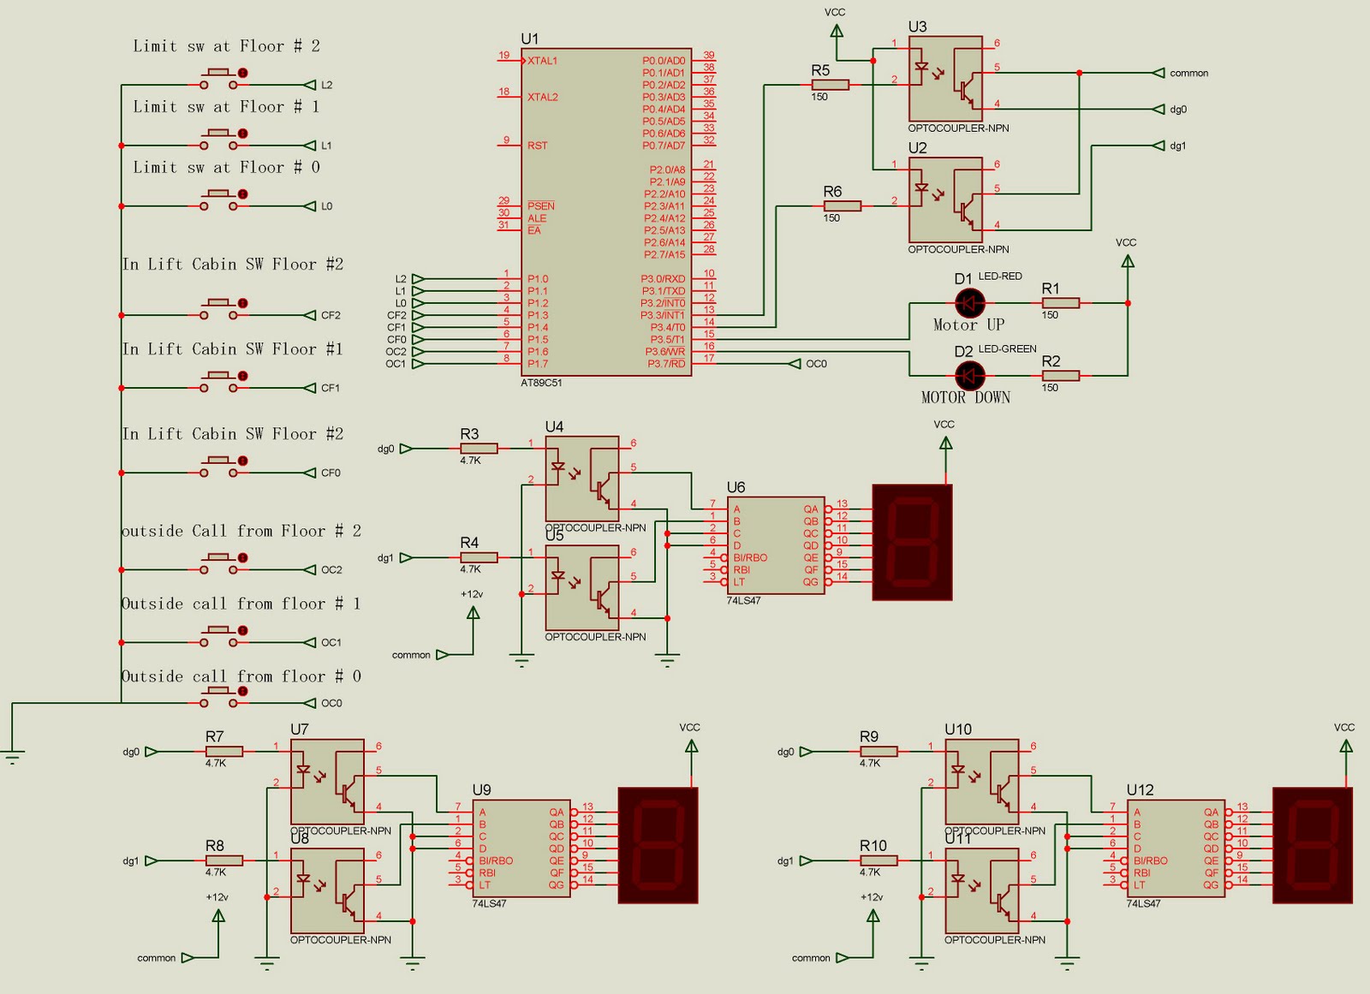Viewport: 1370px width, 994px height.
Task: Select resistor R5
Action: pyautogui.click(x=830, y=85)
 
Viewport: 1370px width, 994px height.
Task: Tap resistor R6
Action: pyautogui.click(x=843, y=206)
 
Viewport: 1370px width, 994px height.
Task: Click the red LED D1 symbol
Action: pyautogui.click(x=969, y=303)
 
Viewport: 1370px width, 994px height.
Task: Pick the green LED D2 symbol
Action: pyautogui.click(x=969, y=375)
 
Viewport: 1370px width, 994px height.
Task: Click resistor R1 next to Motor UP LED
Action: pyautogui.click(x=1061, y=303)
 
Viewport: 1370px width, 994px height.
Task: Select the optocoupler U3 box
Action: pyautogui.click(x=945, y=79)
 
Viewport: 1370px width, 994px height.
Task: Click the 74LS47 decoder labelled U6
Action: pyautogui.click(x=776, y=545)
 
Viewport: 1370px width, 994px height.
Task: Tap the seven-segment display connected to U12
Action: pyautogui.click(x=1312, y=846)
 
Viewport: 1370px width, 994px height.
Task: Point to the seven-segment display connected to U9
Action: pyautogui.click(x=658, y=846)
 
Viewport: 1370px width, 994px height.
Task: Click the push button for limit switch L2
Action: pyautogui.click(x=220, y=84)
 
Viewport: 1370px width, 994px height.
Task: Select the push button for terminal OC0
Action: pyautogui.click(x=220, y=702)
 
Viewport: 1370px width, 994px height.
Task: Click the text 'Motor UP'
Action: pyautogui.click(x=968, y=325)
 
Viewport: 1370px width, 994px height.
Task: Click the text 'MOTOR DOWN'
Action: pyautogui.click(x=965, y=397)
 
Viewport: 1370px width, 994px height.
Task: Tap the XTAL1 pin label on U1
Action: pyautogui.click(x=543, y=61)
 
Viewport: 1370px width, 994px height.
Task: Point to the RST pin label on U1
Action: pyautogui.click(x=537, y=146)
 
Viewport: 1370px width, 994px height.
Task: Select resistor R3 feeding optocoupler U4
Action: pyautogui.click(x=479, y=449)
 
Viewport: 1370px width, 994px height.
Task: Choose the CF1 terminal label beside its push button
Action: pyautogui.click(x=331, y=388)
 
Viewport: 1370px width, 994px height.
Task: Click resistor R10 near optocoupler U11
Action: pyautogui.click(x=879, y=860)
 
